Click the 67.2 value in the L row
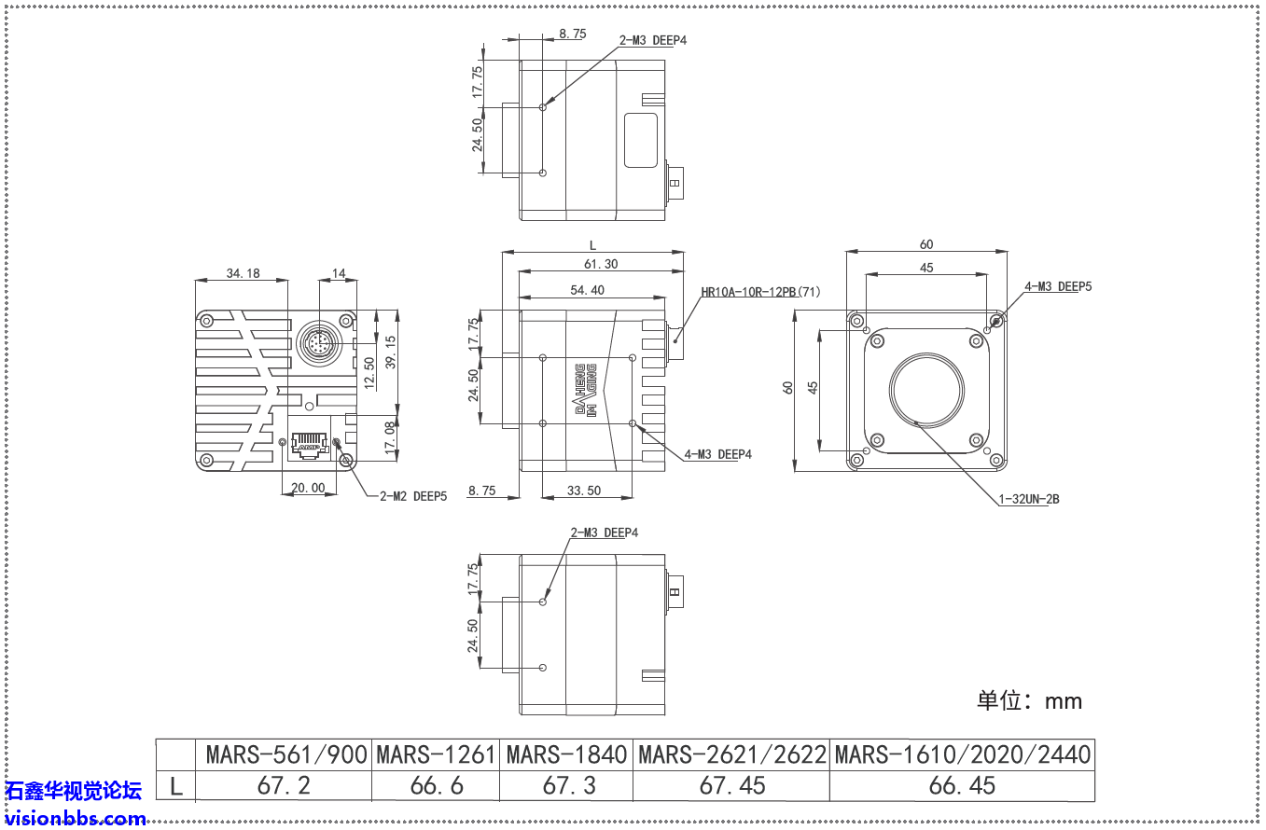[284, 785]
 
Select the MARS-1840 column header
[565, 754]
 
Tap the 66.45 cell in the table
[962, 785]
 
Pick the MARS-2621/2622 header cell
[731, 754]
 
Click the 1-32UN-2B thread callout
[1028, 499]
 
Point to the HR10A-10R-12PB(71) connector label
[760, 292]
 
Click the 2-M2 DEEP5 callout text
[412, 497]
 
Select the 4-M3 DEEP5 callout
[1057, 286]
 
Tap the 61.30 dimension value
[600, 265]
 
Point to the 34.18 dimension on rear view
[243, 273]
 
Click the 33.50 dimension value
[584, 491]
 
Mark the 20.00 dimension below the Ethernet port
[308, 488]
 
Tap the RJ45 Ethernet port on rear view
[310, 445]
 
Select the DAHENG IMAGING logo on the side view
[585, 390]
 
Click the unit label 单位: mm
[1029, 700]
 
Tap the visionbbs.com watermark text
[76, 819]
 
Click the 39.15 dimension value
[390, 352]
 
